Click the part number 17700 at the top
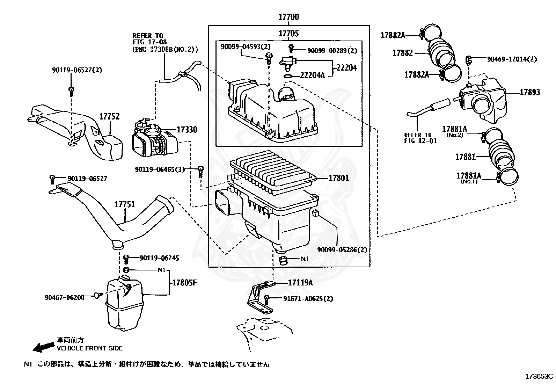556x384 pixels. point(289,17)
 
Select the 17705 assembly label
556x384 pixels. point(288,34)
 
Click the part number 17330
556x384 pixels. point(187,129)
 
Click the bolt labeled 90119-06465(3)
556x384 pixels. point(201,172)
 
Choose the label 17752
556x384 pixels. point(109,116)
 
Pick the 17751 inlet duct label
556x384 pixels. point(125,204)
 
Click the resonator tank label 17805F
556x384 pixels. point(184,283)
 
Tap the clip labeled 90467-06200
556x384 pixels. point(98,295)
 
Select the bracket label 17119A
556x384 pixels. point(300,282)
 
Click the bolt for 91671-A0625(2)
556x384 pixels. point(266,299)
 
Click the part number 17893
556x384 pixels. point(530,92)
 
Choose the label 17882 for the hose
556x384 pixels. point(403,53)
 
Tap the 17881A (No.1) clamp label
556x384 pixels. point(469,178)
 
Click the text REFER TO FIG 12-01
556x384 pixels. point(420,138)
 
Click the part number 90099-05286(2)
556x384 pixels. point(342,249)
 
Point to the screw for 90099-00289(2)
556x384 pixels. point(291,48)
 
